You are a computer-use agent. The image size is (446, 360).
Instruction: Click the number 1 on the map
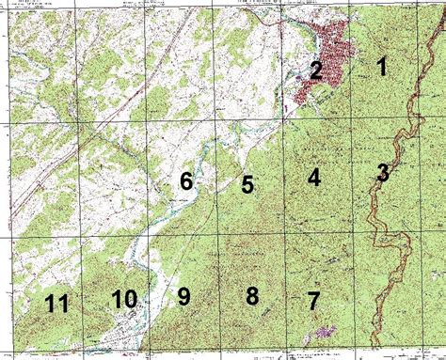tap(382, 66)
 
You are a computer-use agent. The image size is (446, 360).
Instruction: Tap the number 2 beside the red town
tap(317, 70)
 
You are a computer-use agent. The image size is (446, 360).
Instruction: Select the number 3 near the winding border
tap(383, 172)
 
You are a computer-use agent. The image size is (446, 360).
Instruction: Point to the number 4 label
tap(314, 177)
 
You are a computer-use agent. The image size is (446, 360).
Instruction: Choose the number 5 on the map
tap(247, 185)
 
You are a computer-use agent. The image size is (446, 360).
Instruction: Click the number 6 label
tap(186, 181)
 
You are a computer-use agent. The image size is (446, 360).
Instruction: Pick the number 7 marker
tap(314, 301)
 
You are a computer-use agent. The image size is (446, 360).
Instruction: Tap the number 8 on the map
tap(252, 296)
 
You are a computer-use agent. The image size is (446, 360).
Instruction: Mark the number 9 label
tap(183, 296)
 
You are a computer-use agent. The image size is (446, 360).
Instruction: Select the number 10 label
tap(123, 299)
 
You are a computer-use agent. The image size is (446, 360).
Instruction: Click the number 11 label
tap(57, 303)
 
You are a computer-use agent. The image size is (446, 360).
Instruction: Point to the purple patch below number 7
tap(326, 331)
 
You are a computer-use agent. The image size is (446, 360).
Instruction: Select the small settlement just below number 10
tap(127, 324)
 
